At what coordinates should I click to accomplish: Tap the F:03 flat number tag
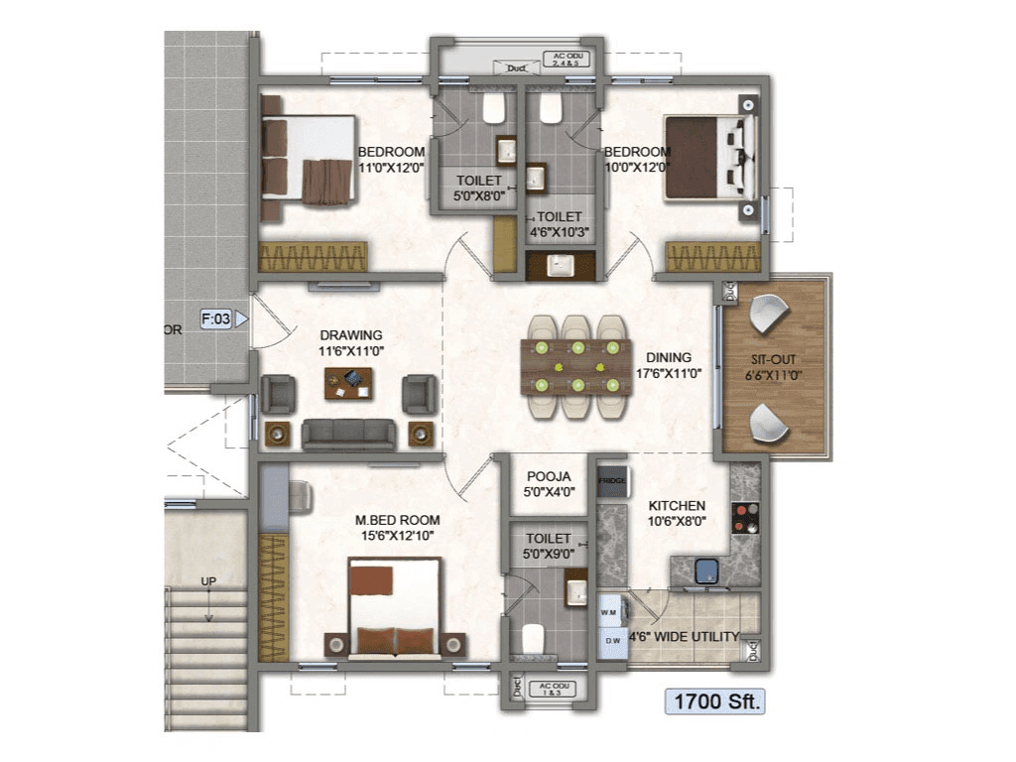pos(217,318)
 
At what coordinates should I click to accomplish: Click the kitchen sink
pos(707,570)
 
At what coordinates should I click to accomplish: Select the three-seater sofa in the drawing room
pos(347,433)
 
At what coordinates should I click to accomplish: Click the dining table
pos(575,364)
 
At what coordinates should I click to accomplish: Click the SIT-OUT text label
pos(774,361)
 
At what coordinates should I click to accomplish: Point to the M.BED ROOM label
pos(397,520)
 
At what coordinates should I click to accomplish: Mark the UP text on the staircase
pos(208,581)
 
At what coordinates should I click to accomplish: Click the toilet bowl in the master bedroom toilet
pos(534,636)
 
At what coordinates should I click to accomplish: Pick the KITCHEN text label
pos(678,506)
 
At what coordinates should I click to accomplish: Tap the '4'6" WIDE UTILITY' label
pos(684,636)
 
